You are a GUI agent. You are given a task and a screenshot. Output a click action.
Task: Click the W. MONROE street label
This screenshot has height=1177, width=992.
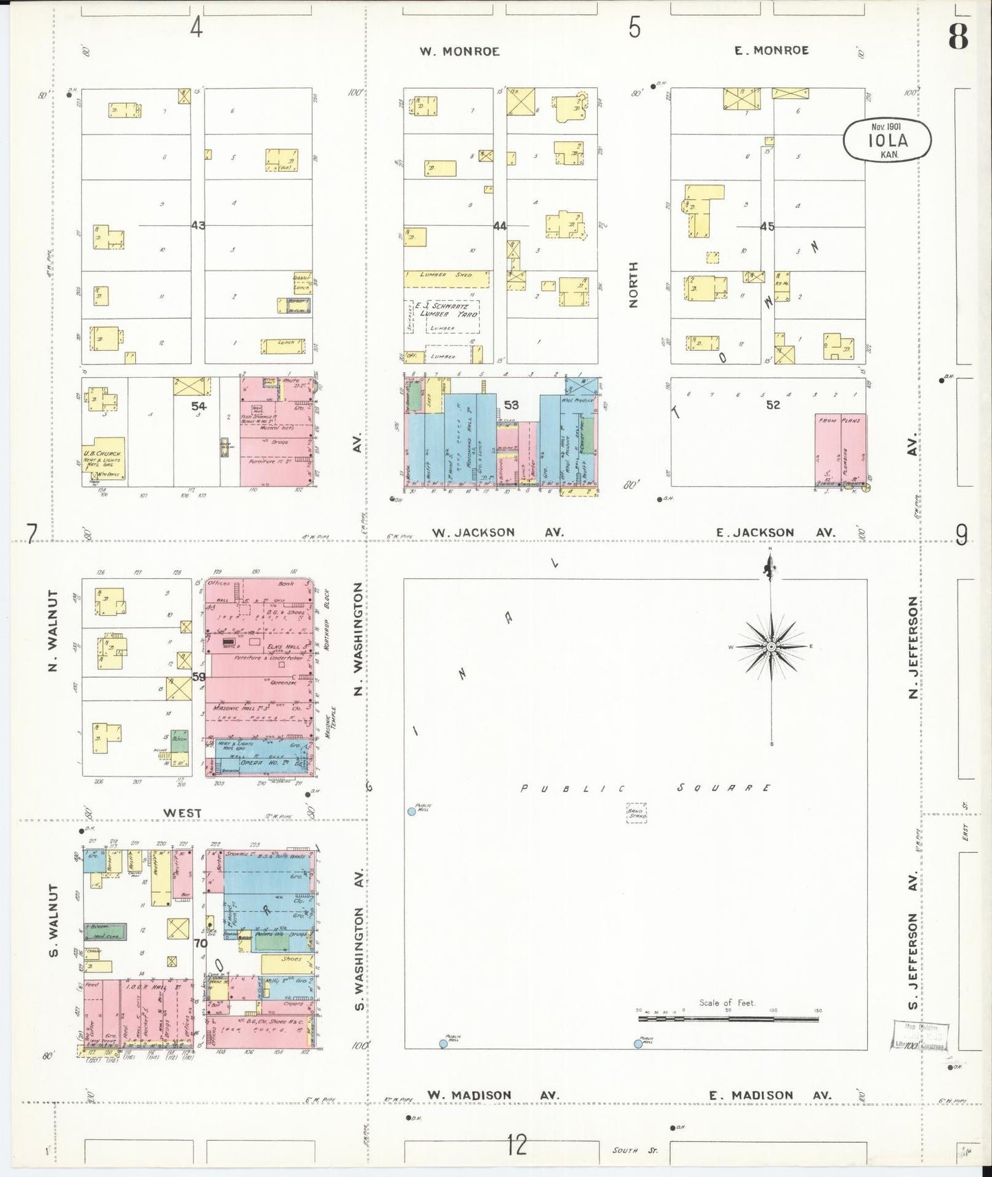point(460,52)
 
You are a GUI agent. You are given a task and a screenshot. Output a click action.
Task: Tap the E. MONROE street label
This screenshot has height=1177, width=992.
point(772,50)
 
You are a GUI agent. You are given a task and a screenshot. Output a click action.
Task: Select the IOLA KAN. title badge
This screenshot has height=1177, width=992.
point(887,140)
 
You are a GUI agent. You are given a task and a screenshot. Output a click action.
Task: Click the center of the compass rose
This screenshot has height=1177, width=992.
point(771,647)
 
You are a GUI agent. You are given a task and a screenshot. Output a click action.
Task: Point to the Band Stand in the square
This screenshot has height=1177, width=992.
point(636,813)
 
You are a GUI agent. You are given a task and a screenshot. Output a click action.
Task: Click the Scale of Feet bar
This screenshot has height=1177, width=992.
point(728,1018)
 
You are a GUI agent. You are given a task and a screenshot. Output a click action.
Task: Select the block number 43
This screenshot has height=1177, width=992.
point(198,225)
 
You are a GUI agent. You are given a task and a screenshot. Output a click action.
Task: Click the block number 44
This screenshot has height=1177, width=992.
point(499,225)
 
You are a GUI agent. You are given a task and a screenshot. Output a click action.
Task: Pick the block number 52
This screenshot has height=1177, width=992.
point(773,405)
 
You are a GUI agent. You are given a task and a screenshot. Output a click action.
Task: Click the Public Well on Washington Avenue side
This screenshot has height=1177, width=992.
point(412,811)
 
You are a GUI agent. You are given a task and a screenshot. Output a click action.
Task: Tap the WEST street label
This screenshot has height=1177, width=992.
point(182,813)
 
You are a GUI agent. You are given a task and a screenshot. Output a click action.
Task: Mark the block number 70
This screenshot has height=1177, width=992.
point(200,943)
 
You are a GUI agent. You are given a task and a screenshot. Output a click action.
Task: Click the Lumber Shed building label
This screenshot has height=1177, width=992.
point(446,275)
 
